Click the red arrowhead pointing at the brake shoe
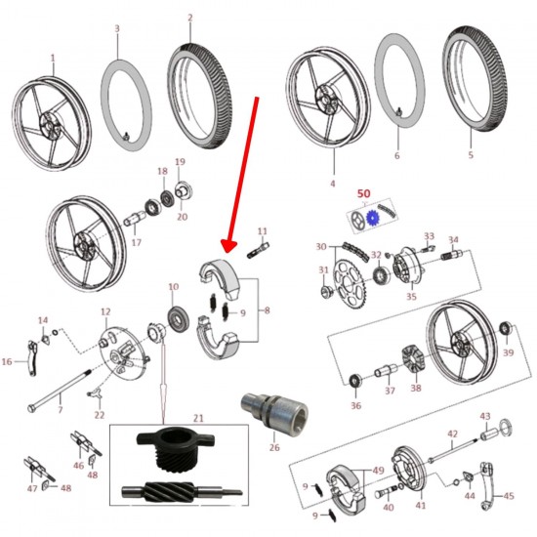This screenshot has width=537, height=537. pyautogui.click(x=228, y=246)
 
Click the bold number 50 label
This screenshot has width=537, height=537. pyautogui.click(x=364, y=193)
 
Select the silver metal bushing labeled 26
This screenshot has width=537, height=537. pyautogui.click(x=274, y=411)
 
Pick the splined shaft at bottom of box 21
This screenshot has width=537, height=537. pyautogui.click(x=182, y=492)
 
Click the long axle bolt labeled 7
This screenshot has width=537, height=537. pyautogui.click(x=60, y=391)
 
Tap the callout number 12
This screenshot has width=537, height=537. pyautogui.click(x=105, y=311)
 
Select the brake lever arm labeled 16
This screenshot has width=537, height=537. pyautogui.click(x=32, y=359)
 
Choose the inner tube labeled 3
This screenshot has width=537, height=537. pyautogui.click(x=126, y=105)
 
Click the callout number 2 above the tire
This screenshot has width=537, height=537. pyautogui.click(x=190, y=18)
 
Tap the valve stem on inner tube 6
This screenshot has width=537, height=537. pyautogui.click(x=399, y=111)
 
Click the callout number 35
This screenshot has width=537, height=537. pyautogui.click(x=411, y=296)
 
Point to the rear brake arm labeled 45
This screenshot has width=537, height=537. pyautogui.click(x=486, y=485)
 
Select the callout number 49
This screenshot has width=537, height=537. pyautogui.click(x=378, y=471)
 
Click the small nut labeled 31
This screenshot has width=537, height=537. pyautogui.click(x=325, y=292)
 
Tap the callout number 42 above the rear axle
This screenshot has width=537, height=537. pyautogui.click(x=453, y=434)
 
